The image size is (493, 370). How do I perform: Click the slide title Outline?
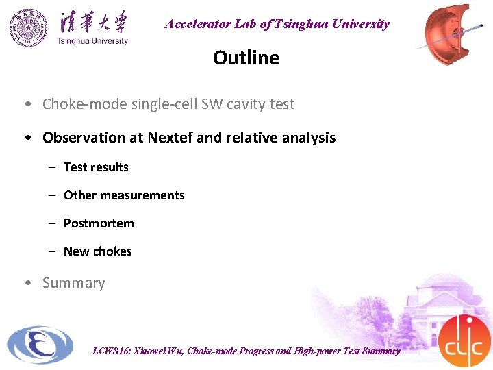pos(246,58)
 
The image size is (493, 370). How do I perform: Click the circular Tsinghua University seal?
pos(29,28)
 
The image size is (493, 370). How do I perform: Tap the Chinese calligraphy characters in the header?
pos(93,21)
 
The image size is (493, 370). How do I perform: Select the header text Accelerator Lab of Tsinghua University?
pos(277,24)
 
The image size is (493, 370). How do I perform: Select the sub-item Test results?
pos(96,167)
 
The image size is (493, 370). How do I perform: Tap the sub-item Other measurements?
pos(124,195)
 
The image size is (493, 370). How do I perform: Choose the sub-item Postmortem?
pos(99,223)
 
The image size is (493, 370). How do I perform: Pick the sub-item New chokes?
pos(97,251)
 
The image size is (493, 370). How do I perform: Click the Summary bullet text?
pos(73,283)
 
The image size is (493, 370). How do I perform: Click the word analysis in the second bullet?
pos(310,138)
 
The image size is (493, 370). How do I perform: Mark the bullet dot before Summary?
pos(26,283)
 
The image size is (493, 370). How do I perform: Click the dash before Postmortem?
pos(51,223)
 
